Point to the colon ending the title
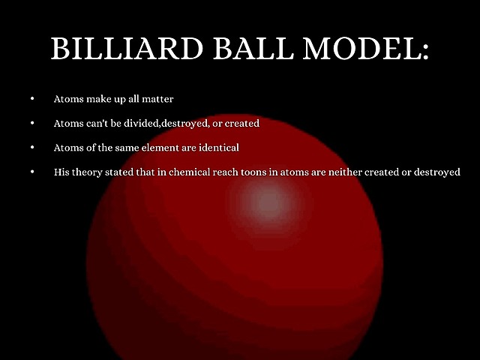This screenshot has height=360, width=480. (x=424, y=51)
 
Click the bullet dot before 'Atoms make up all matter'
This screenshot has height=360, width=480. (x=32, y=99)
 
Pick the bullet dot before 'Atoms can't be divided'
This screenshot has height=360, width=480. (x=32, y=123)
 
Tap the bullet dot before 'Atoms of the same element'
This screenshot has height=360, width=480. (x=32, y=148)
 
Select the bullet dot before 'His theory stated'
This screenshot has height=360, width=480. (x=32, y=172)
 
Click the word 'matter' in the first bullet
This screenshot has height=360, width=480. (x=159, y=99)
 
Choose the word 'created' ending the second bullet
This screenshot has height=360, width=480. (x=241, y=123)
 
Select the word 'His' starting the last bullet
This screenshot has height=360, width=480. (x=61, y=172)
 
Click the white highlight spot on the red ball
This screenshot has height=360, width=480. (x=266, y=201)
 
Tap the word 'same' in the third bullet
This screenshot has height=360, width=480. (x=136, y=148)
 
